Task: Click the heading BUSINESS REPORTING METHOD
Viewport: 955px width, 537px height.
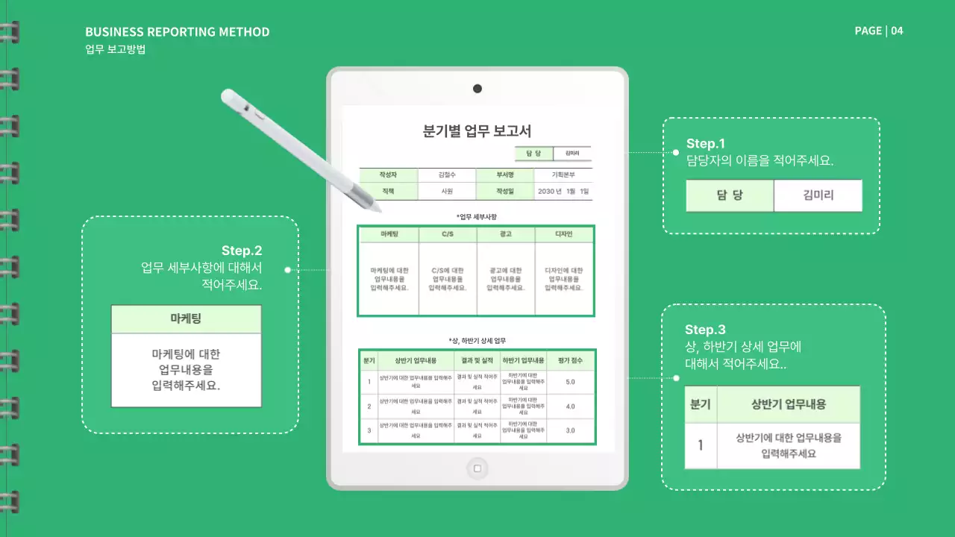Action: tap(177, 32)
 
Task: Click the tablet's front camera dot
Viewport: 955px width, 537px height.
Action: tap(477, 89)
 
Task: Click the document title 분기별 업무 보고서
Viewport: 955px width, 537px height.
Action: tap(477, 132)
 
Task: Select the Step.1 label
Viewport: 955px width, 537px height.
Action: tap(705, 143)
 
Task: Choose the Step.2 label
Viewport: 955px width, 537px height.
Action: tap(242, 251)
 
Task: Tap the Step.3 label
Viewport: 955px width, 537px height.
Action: tap(705, 330)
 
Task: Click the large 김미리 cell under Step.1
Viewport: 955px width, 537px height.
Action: tap(818, 196)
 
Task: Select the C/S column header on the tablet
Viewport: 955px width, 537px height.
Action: tap(448, 234)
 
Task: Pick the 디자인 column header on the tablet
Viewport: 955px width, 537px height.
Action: tap(564, 234)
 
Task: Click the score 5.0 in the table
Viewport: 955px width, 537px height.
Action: tap(570, 382)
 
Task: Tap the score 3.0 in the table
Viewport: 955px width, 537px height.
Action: tap(570, 430)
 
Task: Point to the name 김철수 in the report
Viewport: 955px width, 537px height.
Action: tap(447, 175)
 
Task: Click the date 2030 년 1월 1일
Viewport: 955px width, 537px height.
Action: tap(563, 192)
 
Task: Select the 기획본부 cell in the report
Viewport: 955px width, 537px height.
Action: tap(563, 175)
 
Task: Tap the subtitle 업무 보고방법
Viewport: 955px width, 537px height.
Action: tap(115, 50)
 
